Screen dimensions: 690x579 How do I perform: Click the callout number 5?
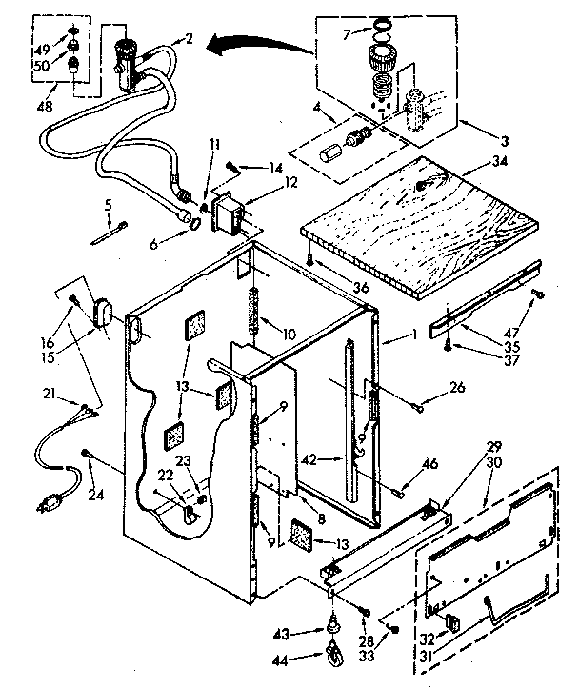(109, 204)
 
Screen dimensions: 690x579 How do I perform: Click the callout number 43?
(306, 632)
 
